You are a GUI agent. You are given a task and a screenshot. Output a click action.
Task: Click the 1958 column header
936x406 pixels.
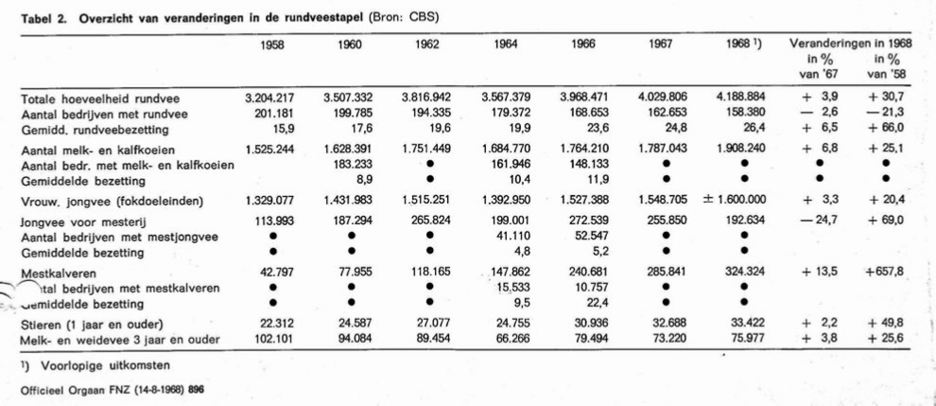(272, 44)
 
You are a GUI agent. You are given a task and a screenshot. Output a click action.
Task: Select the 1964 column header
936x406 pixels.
(506, 44)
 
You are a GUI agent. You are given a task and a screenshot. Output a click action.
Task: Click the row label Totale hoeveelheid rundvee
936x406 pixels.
(99, 98)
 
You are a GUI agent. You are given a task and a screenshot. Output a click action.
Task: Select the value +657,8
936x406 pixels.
(885, 272)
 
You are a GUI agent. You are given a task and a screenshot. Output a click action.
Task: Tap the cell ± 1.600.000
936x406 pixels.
(735, 201)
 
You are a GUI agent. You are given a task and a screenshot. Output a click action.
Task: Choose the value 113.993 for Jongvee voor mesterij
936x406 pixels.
(267, 221)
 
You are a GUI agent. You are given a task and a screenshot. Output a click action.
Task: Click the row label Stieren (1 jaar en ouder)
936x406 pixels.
(93, 325)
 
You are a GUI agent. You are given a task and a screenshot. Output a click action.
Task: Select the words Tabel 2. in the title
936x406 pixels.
(41, 17)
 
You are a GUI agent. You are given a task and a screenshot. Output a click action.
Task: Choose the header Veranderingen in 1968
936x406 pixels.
(851, 44)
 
